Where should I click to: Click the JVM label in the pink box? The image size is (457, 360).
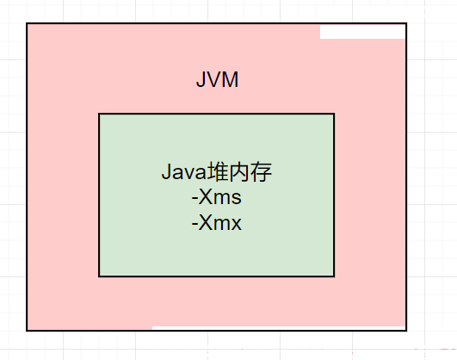tap(218, 79)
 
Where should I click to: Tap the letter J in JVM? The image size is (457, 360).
tap(201, 79)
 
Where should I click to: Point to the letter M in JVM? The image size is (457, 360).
tap(230, 79)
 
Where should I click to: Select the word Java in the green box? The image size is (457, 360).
tap(184, 172)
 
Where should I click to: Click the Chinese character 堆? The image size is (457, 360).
tap(218, 172)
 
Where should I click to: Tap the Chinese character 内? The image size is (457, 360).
tap(239, 172)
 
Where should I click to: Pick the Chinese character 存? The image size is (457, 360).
tap(261, 172)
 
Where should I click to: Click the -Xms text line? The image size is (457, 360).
tap(217, 197)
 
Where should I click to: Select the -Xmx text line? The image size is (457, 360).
tap(217, 223)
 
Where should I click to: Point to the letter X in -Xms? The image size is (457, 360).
tap(206, 197)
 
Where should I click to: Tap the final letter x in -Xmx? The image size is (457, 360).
tap(236, 225)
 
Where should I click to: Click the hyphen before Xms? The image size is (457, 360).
tap(195, 199)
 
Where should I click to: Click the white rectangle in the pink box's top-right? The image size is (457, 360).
tap(362, 32)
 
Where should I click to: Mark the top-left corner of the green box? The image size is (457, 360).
tap(99, 114)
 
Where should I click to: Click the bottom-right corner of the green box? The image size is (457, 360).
tap(334, 276)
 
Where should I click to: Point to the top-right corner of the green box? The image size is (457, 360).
tap(334, 114)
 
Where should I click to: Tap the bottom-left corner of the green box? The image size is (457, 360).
tap(99, 276)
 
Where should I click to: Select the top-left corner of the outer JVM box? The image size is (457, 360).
tap(27, 23)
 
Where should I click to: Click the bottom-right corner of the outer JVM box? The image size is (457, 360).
tap(406, 331)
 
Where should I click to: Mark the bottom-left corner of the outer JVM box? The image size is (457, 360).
tap(27, 331)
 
